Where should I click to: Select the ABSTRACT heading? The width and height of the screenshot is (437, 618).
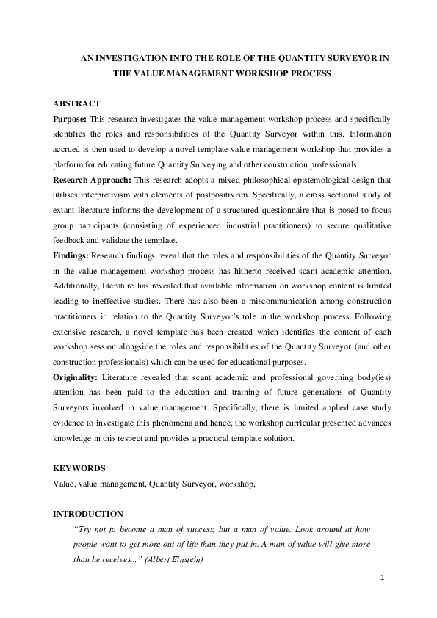point(77,104)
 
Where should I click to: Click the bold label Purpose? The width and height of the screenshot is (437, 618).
point(71,118)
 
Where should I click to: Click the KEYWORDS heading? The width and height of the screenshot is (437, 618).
point(79,468)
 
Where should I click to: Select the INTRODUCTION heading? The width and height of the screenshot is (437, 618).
point(88,515)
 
